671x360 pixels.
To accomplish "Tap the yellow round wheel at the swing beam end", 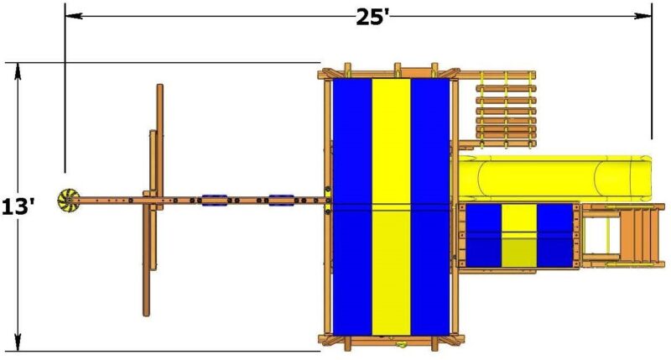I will [x=67, y=200].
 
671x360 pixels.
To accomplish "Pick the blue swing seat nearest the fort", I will [x=280, y=201].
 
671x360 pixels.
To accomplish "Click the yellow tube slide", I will [x=554, y=176].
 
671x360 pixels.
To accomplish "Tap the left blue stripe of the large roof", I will [x=352, y=206].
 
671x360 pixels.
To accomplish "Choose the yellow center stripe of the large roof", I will [x=391, y=206].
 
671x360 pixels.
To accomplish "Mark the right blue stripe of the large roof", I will [x=430, y=206].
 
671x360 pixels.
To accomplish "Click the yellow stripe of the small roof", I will [x=519, y=235].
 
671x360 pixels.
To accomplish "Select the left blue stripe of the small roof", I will [x=484, y=235].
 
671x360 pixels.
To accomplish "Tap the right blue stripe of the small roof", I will [x=554, y=235].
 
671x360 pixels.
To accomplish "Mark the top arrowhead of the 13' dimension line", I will [x=18, y=68].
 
